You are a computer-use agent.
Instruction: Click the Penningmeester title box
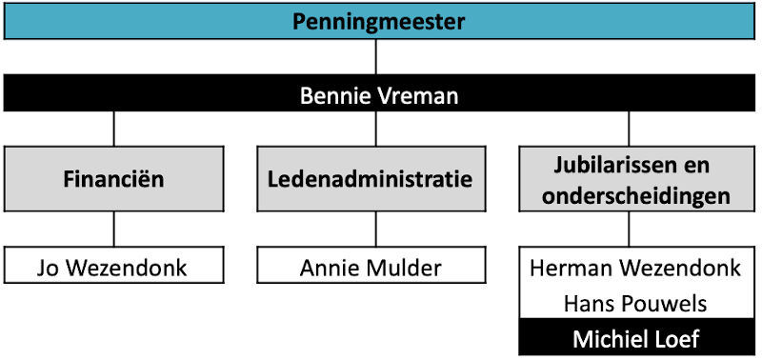[378, 20]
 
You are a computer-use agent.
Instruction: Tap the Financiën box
[114, 178]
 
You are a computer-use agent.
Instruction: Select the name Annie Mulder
[371, 268]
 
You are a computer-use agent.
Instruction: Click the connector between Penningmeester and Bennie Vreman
[377, 57]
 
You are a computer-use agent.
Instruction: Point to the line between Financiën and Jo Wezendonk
[114, 230]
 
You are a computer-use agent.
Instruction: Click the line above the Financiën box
[114, 129]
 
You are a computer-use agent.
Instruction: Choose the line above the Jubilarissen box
[628, 129]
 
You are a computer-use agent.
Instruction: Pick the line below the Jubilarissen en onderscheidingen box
[628, 230]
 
